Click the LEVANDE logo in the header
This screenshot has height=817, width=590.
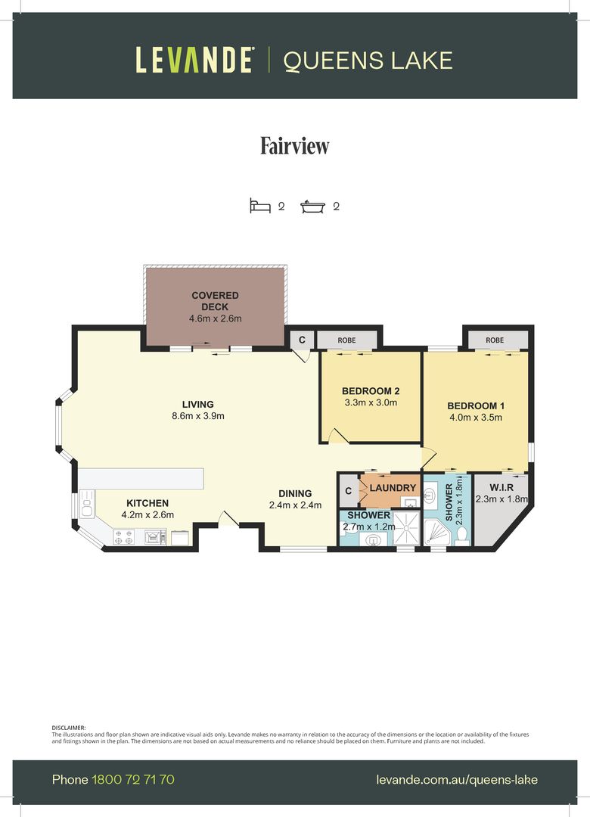click(x=194, y=60)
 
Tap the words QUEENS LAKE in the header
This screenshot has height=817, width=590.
click(x=368, y=60)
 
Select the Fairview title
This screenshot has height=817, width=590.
click(x=295, y=145)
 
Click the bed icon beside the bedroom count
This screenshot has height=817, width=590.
click(x=260, y=206)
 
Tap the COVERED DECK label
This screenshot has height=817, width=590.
click(x=215, y=301)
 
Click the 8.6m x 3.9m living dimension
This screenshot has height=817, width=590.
click(x=197, y=416)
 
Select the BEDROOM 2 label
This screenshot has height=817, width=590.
click(x=370, y=391)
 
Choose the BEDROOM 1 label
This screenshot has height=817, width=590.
click(x=475, y=405)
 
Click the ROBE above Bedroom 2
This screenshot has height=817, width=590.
click(x=346, y=340)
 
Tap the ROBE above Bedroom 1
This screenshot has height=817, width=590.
click(x=495, y=340)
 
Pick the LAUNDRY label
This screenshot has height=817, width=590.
click(x=393, y=488)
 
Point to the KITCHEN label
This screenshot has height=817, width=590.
click(x=147, y=503)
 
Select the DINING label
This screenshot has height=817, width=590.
click(x=295, y=493)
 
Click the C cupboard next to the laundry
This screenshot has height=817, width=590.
click(x=348, y=490)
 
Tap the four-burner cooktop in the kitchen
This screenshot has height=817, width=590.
click(x=123, y=537)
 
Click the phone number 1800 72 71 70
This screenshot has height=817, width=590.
click(x=133, y=779)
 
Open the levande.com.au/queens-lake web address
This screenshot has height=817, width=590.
click(x=456, y=779)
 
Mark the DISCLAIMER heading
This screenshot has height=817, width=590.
click(x=69, y=727)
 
